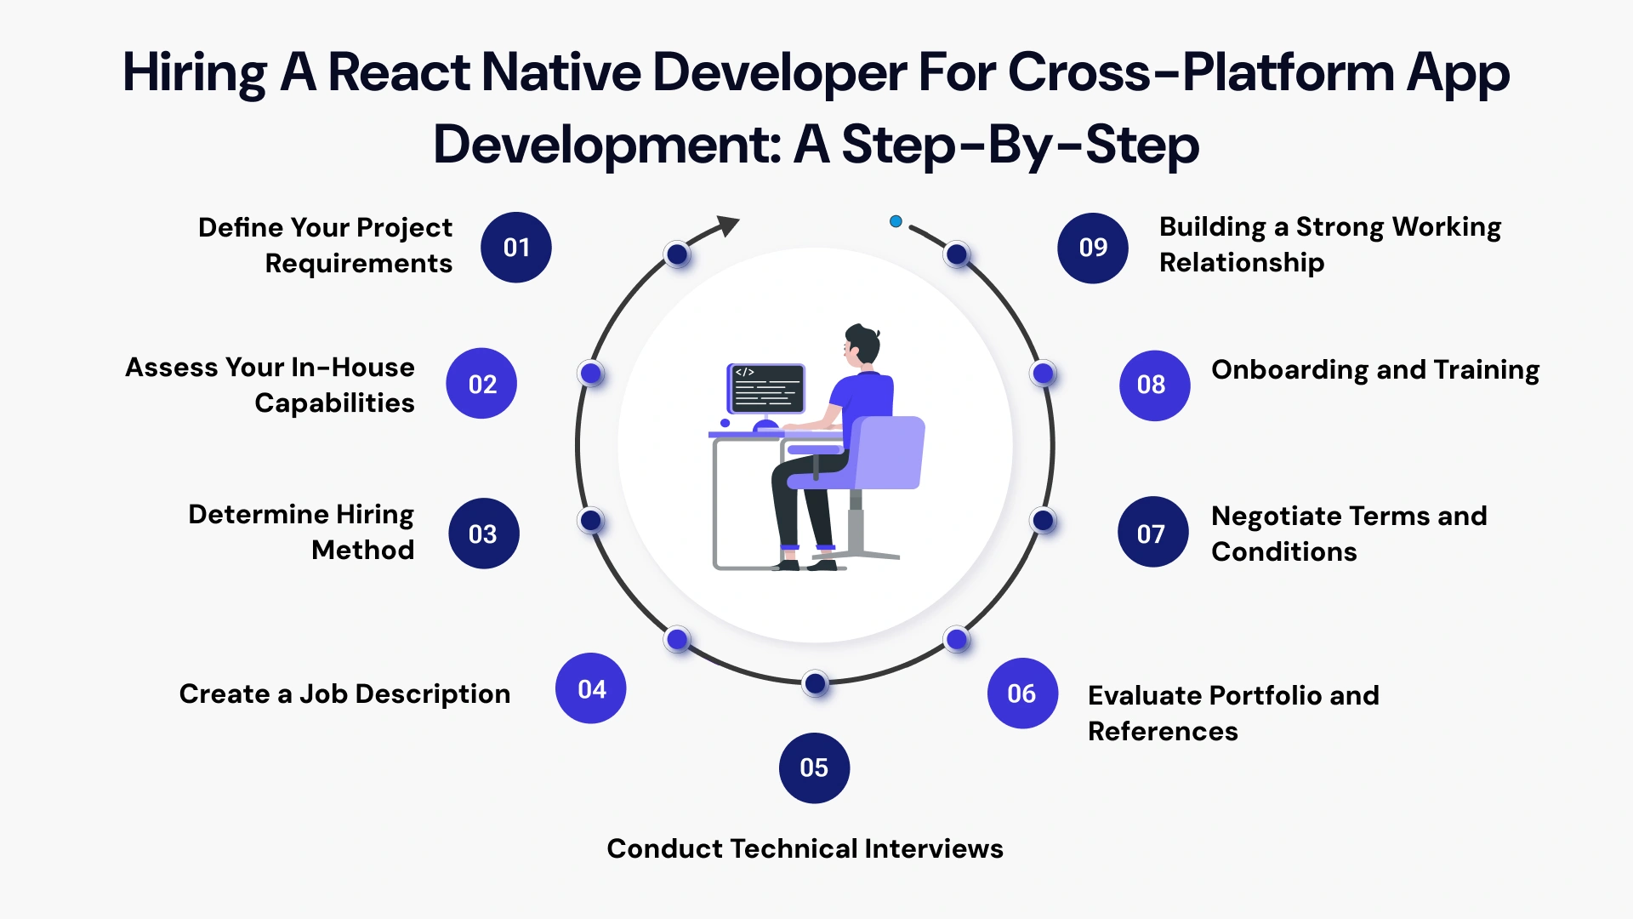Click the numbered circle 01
click(x=516, y=248)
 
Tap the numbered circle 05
click(x=814, y=768)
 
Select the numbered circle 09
click(x=1093, y=248)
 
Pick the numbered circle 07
click(x=1152, y=534)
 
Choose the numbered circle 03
click(x=483, y=534)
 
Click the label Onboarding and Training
click(x=1374, y=370)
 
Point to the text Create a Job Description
click(x=344, y=694)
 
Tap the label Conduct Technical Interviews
click(x=805, y=848)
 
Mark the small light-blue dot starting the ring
click(x=896, y=221)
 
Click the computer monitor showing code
click(x=765, y=388)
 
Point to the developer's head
click(x=862, y=345)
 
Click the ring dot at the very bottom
click(x=816, y=682)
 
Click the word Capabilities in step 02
click(x=334, y=403)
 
